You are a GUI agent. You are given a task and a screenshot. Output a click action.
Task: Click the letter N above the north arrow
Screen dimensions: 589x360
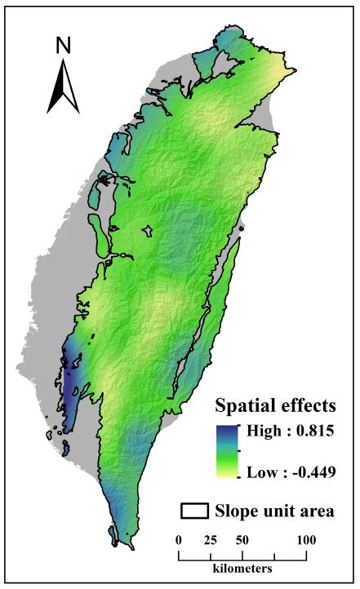pyautogui.click(x=63, y=46)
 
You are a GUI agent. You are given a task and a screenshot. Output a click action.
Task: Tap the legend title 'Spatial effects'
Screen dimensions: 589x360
pyautogui.click(x=278, y=405)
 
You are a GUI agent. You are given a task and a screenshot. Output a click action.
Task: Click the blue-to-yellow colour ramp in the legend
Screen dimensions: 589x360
pyautogui.click(x=226, y=450)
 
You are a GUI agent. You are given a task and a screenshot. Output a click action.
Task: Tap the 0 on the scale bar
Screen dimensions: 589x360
pyautogui.click(x=179, y=540)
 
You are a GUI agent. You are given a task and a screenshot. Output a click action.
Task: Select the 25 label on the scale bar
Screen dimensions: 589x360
pyautogui.click(x=211, y=540)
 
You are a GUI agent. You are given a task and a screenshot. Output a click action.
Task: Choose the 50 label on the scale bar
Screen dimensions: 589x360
pyautogui.click(x=242, y=540)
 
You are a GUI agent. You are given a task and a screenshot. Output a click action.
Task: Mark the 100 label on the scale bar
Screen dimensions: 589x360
pyautogui.click(x=306, y=540)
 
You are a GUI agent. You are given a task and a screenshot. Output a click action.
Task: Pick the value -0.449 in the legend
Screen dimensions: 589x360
pyautogui.click(x=313, y=472)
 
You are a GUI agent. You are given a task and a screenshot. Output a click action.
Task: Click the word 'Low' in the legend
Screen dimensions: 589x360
pyautogui.click(x=260, y=472)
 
